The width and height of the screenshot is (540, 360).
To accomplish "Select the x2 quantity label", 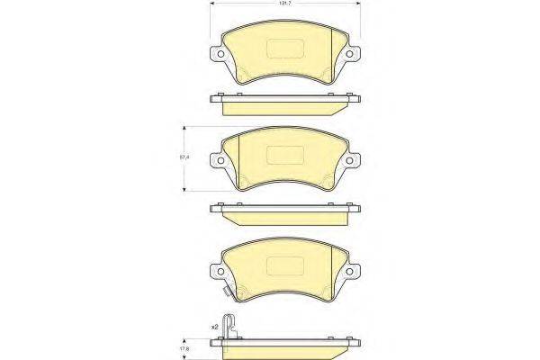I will pyautogui.click(x=214, y=326).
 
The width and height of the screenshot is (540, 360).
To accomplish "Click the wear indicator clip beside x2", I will pyautogui.click(x=231, y=325).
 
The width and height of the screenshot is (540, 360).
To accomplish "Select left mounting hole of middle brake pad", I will pyautogui.click(x=215, y=161).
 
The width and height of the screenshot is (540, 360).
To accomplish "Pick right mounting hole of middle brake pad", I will pyautogui.click(x=355, y=161).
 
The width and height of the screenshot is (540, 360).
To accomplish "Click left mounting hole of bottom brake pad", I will pyautogui.click(x=215, y=270).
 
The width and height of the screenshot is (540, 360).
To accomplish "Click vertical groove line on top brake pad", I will pyautogui.click(x=332, y=49).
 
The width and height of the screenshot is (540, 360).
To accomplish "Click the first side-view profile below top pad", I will pyautogui.click(x=285, y=102).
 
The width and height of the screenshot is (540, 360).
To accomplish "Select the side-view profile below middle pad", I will pyautogui.click(x=285, y=212).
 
